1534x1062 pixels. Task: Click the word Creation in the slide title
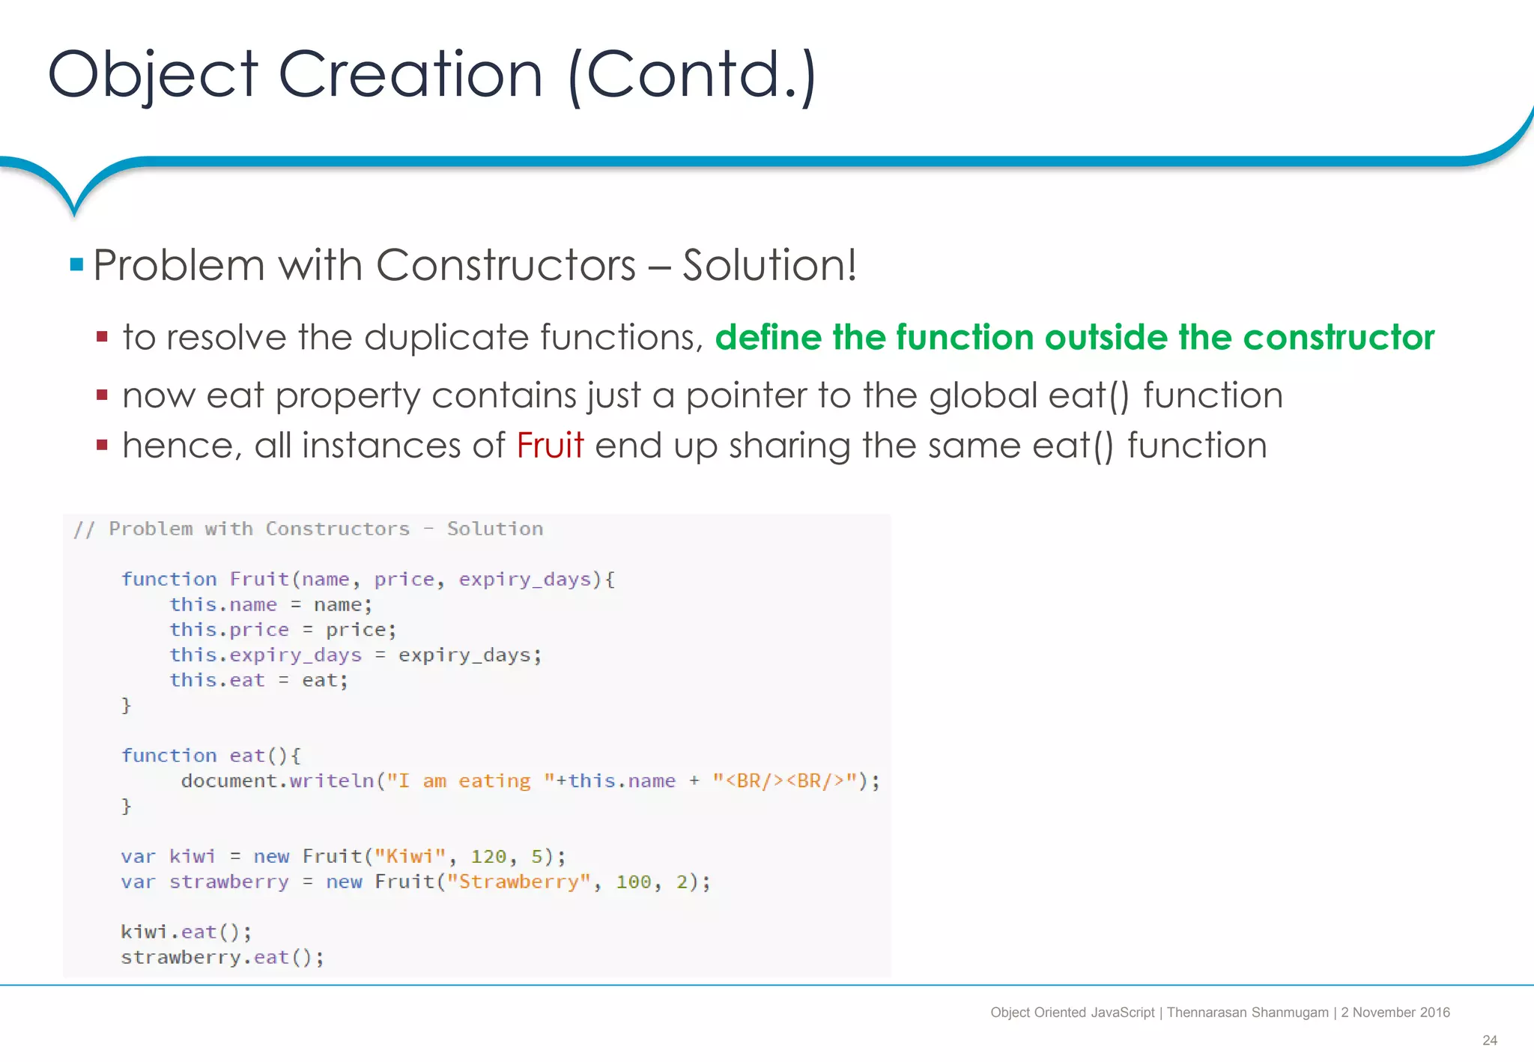point(410,75)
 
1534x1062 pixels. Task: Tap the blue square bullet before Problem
point(76,264)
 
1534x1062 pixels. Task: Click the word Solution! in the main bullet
point(769,265)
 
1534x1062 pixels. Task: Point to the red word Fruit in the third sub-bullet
point(550,446)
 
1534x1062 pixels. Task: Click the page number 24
point(1489,1040)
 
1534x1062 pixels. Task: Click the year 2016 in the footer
point(1434,1013)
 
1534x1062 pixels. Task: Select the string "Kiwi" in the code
point(410,856)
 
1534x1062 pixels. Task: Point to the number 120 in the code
point(488,856)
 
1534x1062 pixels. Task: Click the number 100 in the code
point(634,882)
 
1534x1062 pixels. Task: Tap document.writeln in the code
point(277,781)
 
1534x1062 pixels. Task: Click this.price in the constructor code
point(228,630)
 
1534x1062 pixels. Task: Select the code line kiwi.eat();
point(186,932)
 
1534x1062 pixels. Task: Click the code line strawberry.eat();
point(222,957)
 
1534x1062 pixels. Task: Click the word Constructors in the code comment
point(338,529)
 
